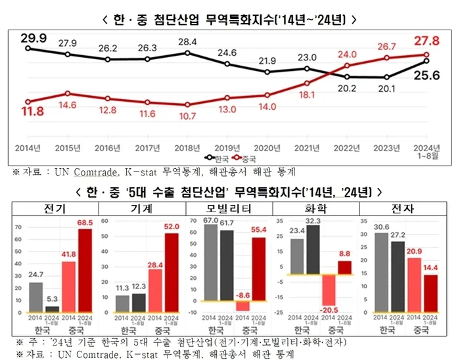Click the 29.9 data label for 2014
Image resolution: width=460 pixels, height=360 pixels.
click(x=33, y=39)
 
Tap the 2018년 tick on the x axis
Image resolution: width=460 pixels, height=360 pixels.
click(x=187, y=148)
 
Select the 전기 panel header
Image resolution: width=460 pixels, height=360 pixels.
click(x=54, y=208)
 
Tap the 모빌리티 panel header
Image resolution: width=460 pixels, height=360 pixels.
click(x=229, y=208)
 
